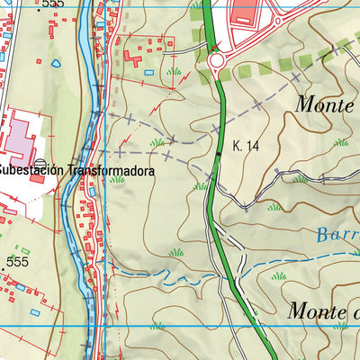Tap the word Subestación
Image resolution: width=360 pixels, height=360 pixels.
30,170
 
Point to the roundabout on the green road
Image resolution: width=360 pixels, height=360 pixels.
216,61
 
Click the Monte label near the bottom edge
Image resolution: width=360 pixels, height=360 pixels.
319,311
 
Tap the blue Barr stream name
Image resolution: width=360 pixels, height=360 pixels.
337,237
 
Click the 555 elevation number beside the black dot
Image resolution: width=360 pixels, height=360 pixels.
18,262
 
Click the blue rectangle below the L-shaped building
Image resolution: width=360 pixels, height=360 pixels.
148,70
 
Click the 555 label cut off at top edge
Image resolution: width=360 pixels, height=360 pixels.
53,4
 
